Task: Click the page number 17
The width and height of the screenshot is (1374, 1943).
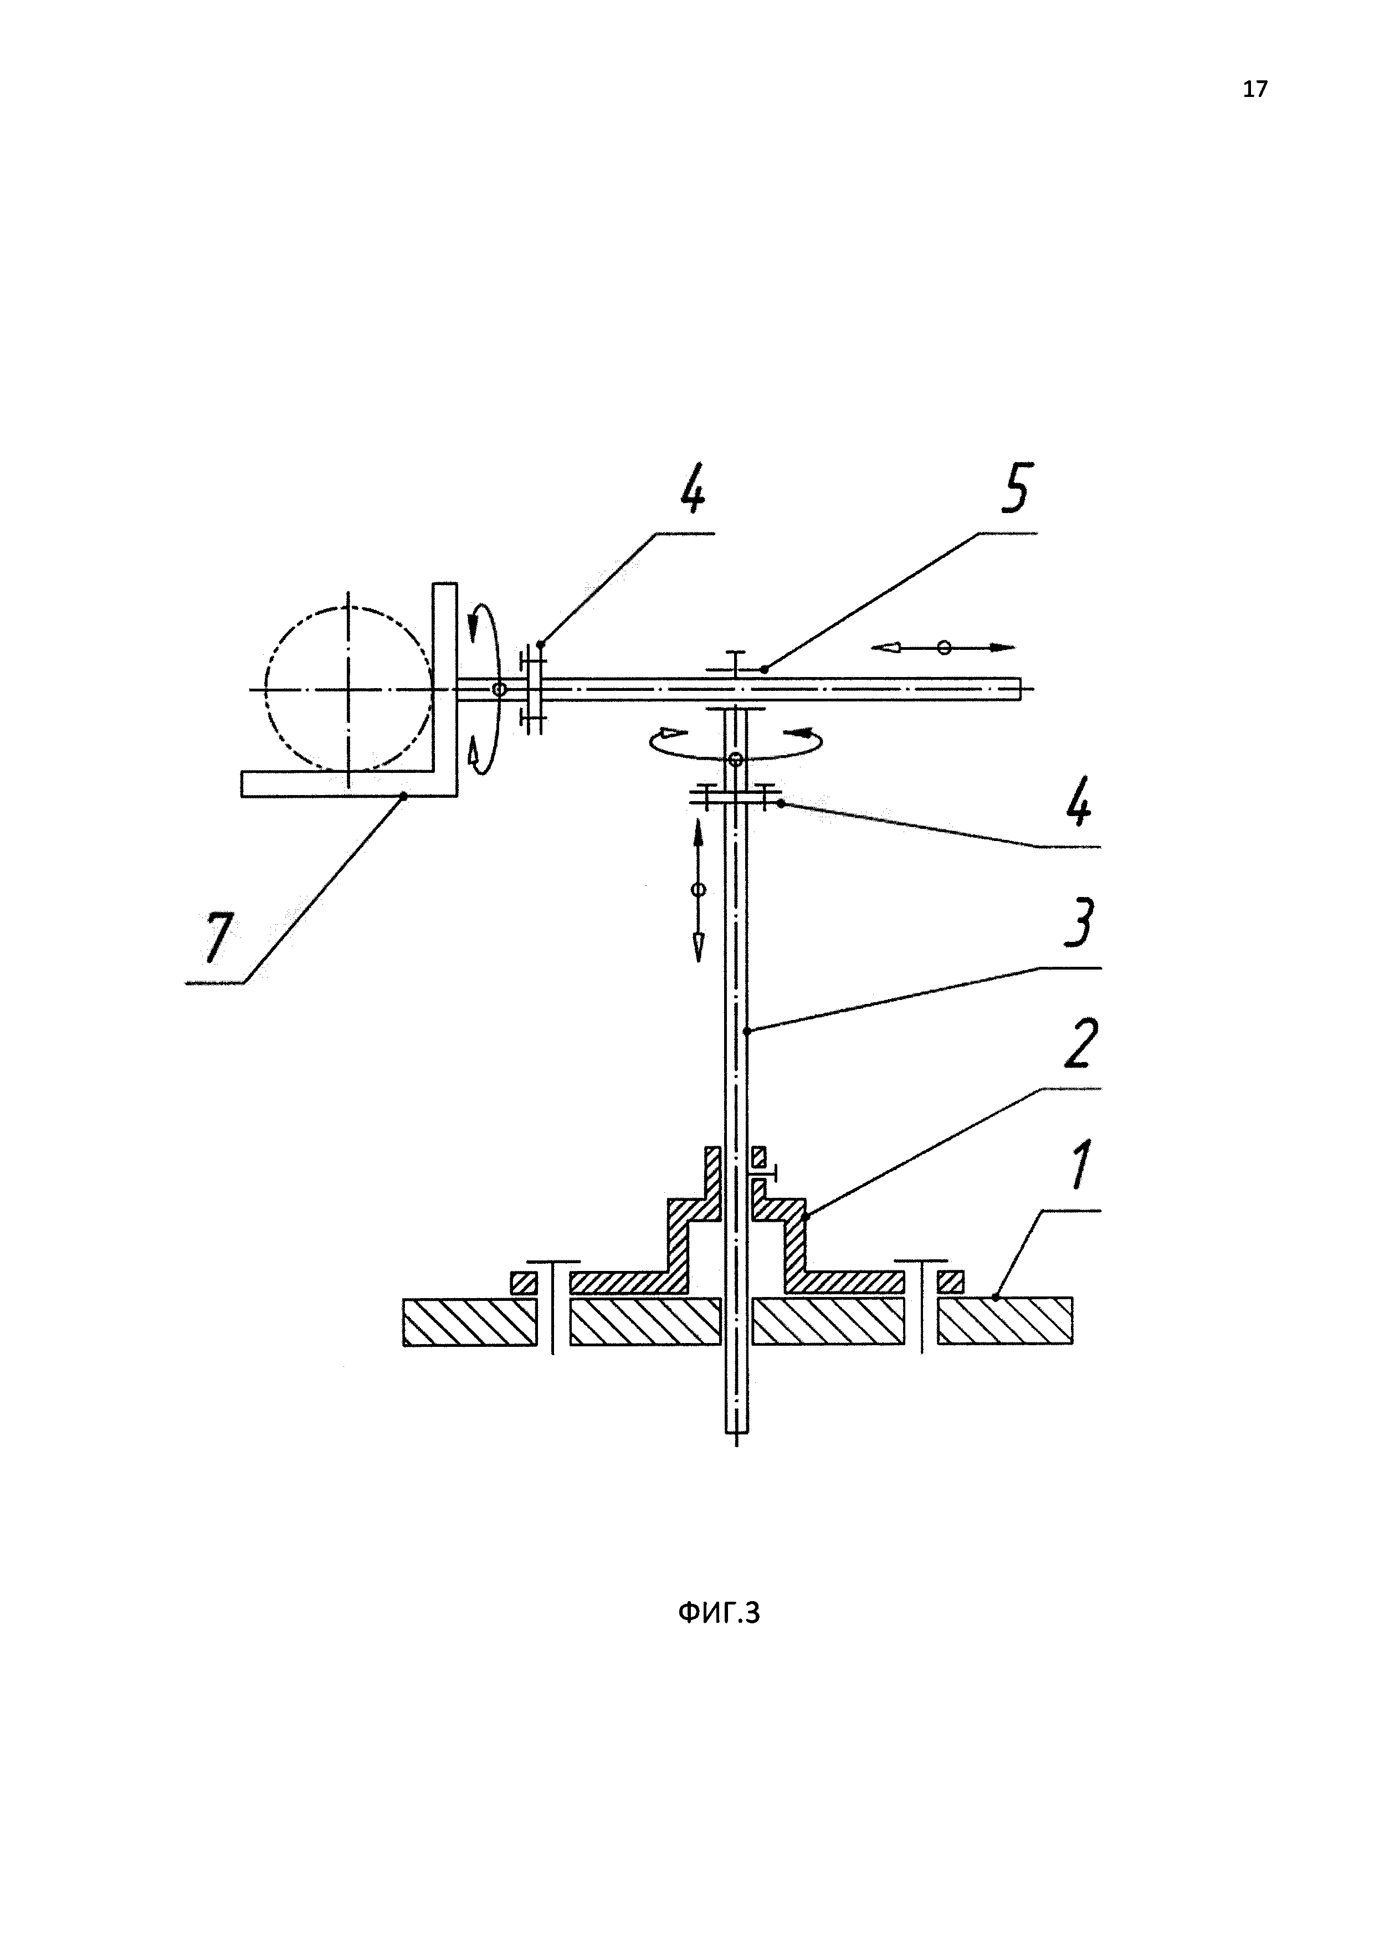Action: coord(1255,89)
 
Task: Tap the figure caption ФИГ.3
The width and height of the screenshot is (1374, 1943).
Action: coord(719,1613)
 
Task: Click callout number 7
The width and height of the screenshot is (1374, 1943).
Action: coord(217,937)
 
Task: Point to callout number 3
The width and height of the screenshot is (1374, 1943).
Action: coord(1078,925)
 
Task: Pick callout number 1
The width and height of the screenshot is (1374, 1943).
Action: coord(1080,1165)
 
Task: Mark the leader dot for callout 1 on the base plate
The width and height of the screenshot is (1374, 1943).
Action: coord(997,1296)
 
